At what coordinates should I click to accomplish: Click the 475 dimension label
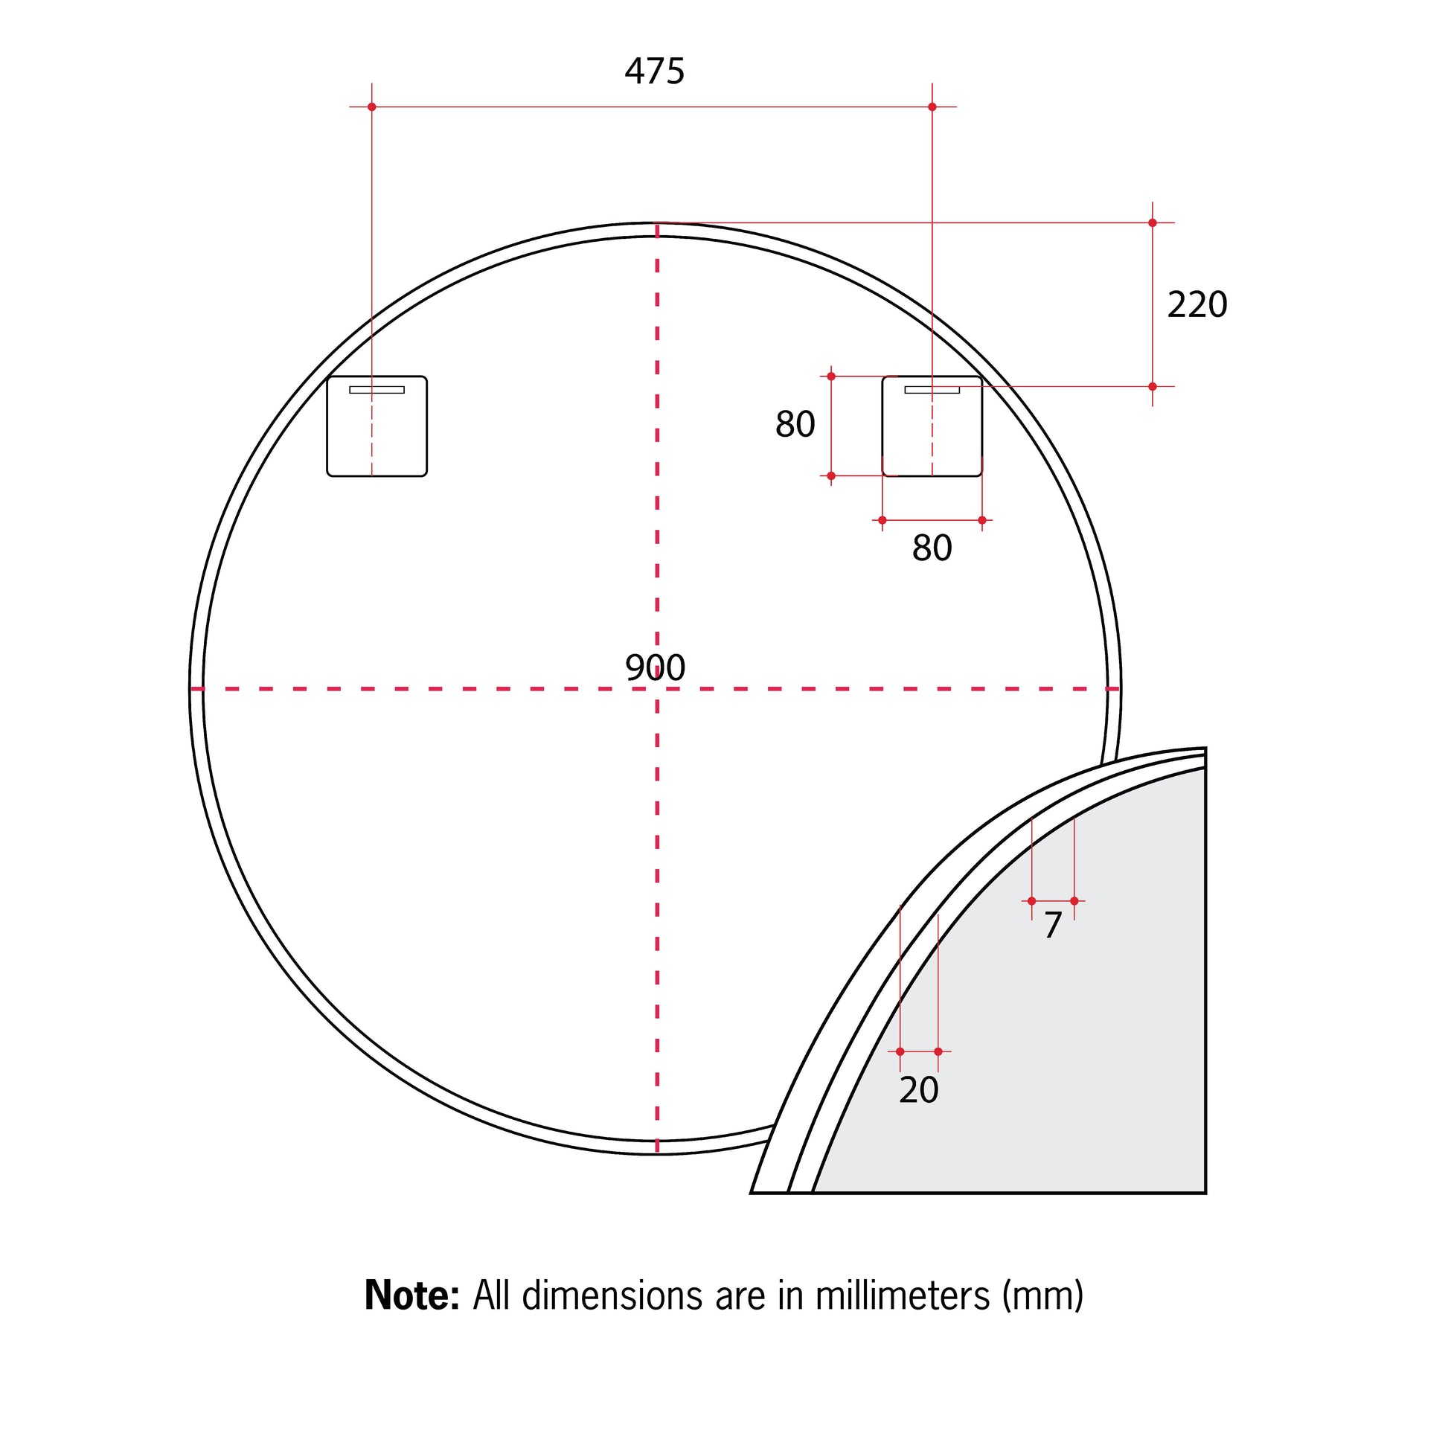[x=654, y=72]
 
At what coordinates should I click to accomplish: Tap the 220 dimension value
[x=1197, y=305]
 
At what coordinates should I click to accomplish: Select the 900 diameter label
[x=655, y=667]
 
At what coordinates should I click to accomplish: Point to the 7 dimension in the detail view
[x=1053, y=926]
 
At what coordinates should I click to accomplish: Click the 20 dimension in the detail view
[x=919, y=1090]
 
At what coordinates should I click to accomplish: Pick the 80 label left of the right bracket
[x=795, y=424]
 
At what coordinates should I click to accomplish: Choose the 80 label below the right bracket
[x=932, y=548]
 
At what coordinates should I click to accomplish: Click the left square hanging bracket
[x=377, y=426]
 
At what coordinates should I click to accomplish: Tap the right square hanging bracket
[x=932, y=426]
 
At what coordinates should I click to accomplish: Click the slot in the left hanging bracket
[x=377, y=390]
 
